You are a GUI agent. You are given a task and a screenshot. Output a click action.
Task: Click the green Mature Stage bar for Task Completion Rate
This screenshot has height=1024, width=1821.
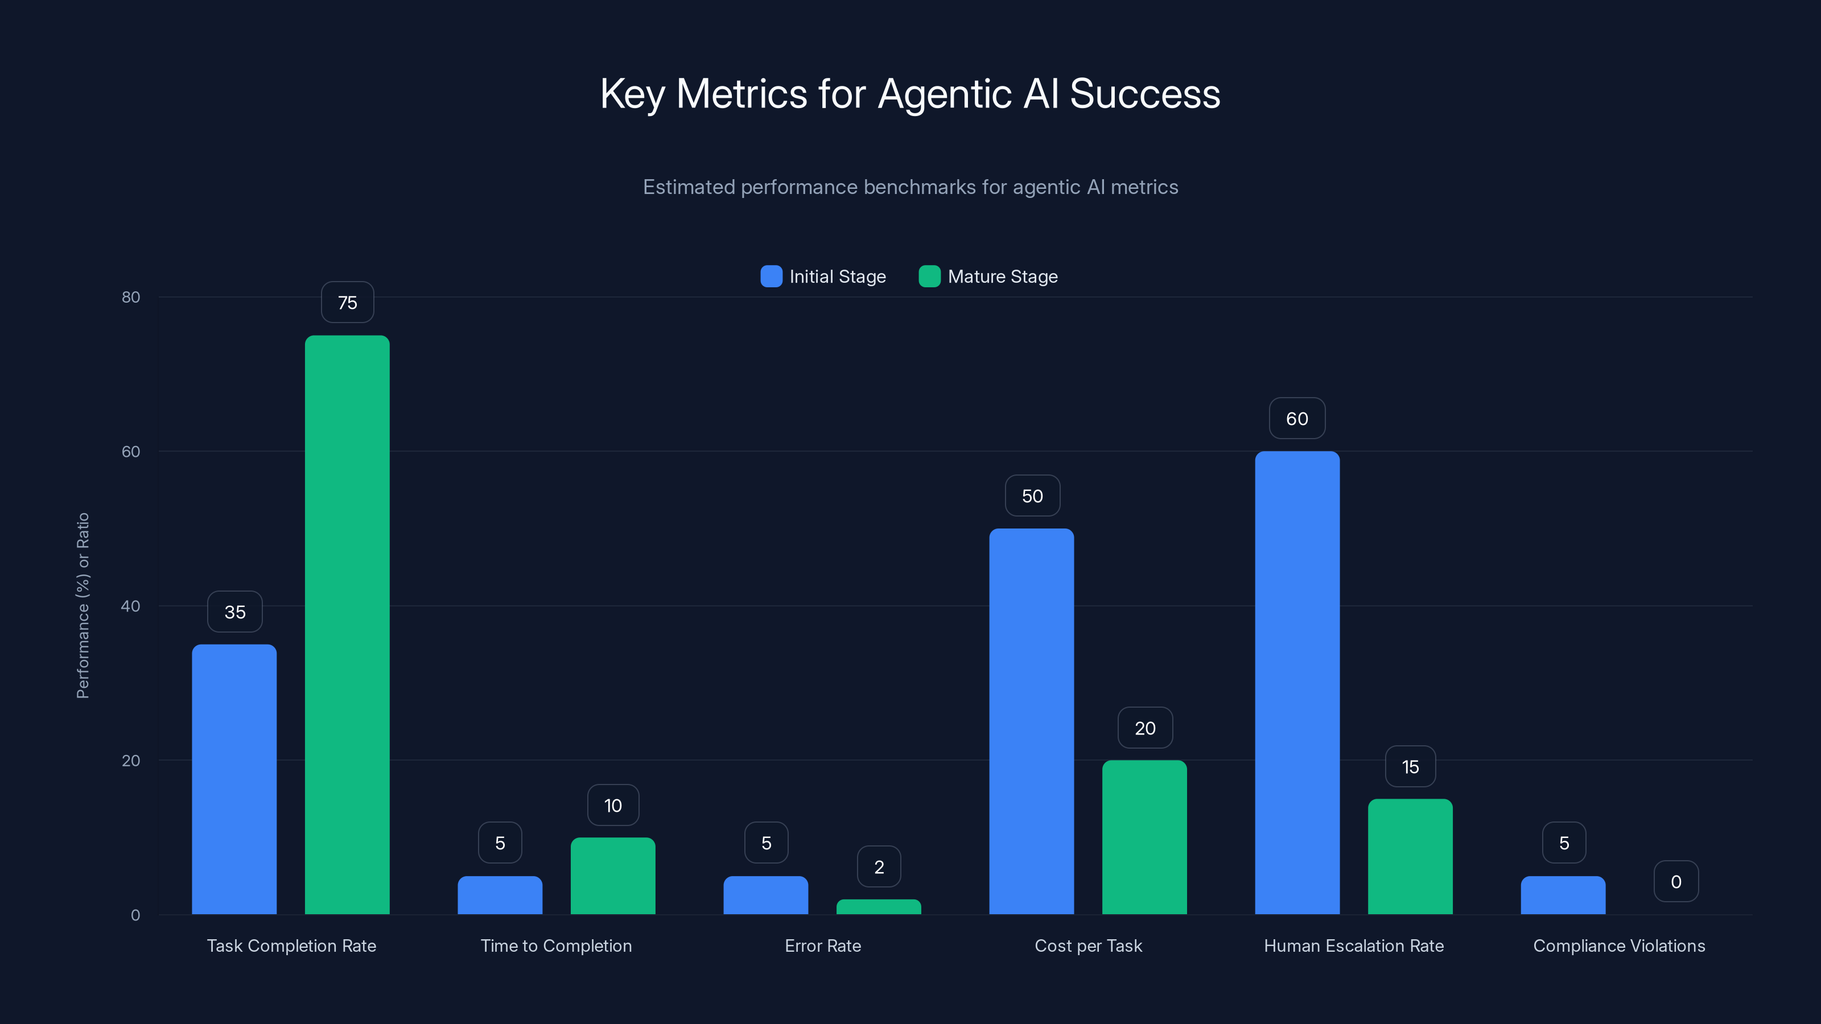point(347,625)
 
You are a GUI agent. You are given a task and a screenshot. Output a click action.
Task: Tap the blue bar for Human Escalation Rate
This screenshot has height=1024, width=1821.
point(1297,683)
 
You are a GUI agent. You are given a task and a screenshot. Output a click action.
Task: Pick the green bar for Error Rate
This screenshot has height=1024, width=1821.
point(879,907)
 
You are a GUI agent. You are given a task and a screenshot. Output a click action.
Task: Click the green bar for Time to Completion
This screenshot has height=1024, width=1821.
point(613,876)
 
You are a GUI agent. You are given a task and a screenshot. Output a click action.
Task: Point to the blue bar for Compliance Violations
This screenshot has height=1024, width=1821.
point(1563,895)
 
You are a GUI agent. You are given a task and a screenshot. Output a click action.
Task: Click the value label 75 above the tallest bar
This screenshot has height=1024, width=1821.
point(347,303)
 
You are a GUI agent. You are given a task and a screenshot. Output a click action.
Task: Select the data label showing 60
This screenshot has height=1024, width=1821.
point(1297,418)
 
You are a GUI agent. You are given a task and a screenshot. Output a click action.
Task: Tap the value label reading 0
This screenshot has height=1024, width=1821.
point(1676,881)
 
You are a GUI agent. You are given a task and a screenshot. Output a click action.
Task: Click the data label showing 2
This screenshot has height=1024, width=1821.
point(879,866)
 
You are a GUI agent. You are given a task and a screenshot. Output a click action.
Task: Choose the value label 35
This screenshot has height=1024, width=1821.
point(234,612)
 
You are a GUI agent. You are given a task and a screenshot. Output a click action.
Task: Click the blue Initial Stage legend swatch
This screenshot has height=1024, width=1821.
point(771,276)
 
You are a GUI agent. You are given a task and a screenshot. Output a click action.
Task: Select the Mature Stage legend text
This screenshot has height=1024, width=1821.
point(1002,276)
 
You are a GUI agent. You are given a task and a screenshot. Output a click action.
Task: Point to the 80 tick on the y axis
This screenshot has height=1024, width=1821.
point(131,297)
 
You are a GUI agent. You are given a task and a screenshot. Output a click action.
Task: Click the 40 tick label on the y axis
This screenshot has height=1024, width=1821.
point(131,606)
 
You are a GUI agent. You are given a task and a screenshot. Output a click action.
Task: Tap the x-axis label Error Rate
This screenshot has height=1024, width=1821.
point(823,945)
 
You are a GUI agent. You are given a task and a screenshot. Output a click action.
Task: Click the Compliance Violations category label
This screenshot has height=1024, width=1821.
point(1619,945)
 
